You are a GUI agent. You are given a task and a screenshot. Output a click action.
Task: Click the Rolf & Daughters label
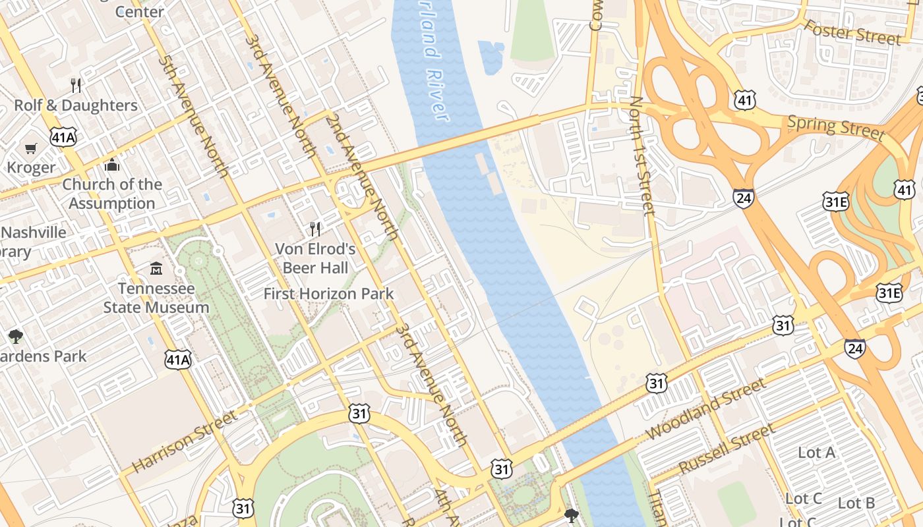76,105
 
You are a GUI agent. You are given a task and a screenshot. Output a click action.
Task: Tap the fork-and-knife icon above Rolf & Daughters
76,85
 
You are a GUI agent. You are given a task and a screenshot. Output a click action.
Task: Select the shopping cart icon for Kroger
30,148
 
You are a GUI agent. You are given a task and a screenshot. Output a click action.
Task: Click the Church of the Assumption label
112,194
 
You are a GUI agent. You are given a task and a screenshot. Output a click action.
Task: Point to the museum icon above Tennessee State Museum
156,269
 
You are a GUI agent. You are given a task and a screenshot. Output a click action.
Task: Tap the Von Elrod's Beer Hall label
316,258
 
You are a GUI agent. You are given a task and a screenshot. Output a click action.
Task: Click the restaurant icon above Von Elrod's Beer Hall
315,229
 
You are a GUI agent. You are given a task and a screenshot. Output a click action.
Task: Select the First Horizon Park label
328,294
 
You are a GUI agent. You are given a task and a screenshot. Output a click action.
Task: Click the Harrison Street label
184,442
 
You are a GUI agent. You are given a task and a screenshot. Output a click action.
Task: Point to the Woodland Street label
706,409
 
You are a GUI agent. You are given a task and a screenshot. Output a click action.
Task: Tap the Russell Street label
727,449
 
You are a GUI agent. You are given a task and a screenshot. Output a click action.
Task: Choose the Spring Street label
835,126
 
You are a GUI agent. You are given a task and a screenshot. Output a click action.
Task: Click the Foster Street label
852,32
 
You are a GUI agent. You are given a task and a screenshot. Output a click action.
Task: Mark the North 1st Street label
641,155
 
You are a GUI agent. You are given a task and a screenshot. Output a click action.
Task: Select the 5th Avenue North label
193,117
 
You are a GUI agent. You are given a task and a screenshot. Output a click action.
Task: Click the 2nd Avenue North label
362,176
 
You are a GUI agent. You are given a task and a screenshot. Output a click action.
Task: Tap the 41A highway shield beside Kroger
63,136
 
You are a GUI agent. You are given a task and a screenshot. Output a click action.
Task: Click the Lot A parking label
816,453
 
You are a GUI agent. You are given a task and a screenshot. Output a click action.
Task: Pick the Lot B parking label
856,503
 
